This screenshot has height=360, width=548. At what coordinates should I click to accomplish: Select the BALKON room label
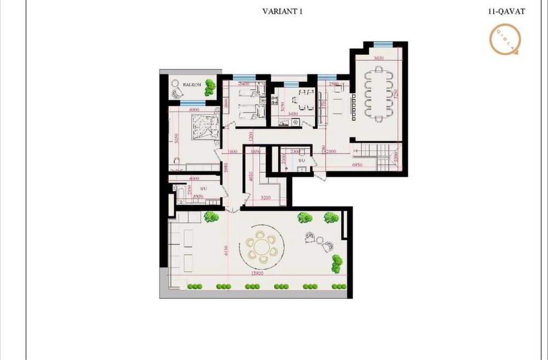pyautogui.click(x=192, y=84)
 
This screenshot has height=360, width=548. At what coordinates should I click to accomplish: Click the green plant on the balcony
pyautogui.click(x=210, y=88)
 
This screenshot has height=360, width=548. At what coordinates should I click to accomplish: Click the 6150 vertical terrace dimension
pyautogui.click(x=225, y=250)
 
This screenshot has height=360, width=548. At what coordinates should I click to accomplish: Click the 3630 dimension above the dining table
pyautogui.click(x=379, y=58)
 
